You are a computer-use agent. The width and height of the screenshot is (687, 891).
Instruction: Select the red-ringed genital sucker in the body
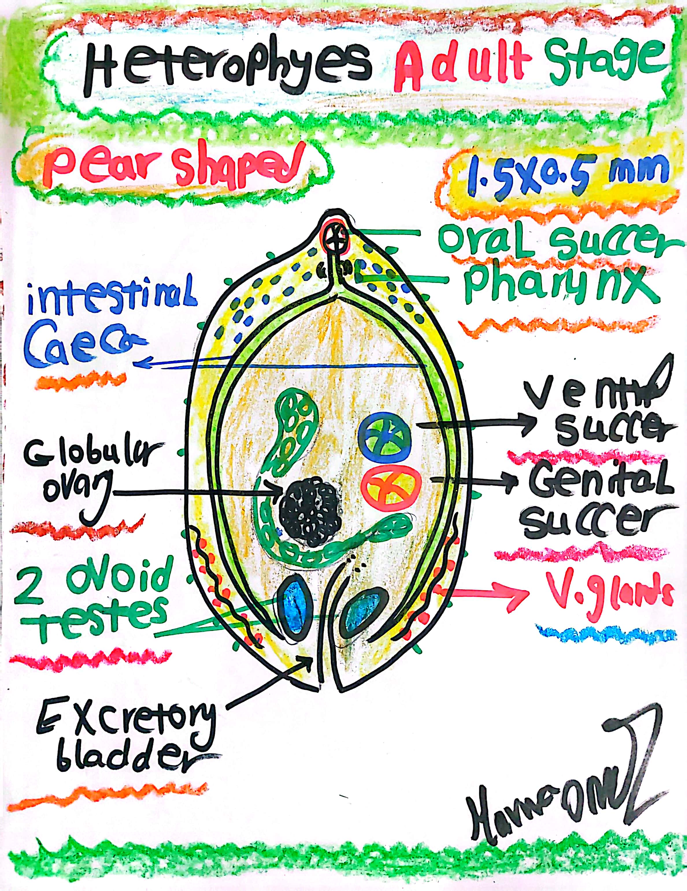391,485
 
